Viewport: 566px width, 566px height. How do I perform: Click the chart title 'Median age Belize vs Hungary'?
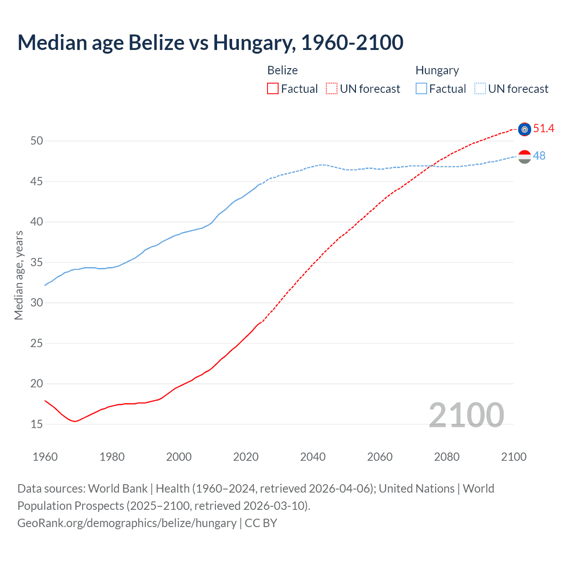(x=210, y=42)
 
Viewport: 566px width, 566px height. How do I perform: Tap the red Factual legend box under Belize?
(x=273, y=89)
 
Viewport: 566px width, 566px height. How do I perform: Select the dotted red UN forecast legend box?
(x=332, y=89)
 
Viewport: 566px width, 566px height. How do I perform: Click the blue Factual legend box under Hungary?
(x=421, y=89)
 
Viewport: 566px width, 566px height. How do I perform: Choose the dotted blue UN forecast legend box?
(x=480, y=89)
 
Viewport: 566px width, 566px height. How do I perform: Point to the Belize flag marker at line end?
(x=524, y=129)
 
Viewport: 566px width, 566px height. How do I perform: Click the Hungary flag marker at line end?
(x=524, y=157)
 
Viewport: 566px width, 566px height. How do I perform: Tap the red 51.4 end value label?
(x=543, y=129)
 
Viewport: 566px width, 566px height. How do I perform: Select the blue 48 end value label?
(x=539, y=156)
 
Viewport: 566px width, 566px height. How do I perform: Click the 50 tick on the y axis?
(x=37, y=141)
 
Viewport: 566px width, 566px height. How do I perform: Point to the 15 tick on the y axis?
(x=37, y=424)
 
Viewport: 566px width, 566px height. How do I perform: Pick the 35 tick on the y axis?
(x=37, y=263)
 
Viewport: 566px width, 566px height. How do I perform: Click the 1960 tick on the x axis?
(x=45, y=457)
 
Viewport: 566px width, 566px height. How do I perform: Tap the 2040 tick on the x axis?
(x=313, y=457)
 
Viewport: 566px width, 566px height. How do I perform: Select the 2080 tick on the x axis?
(x=447, y=457)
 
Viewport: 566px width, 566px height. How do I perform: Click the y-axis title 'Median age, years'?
(x=19, y=275)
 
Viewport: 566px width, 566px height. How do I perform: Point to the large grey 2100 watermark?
(x=466, y=415)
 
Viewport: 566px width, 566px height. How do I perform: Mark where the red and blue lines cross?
(x=433, y=166)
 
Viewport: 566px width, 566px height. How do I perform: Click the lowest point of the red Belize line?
(x=75, y=421)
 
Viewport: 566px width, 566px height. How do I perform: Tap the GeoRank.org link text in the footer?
(x=127, y=523)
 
